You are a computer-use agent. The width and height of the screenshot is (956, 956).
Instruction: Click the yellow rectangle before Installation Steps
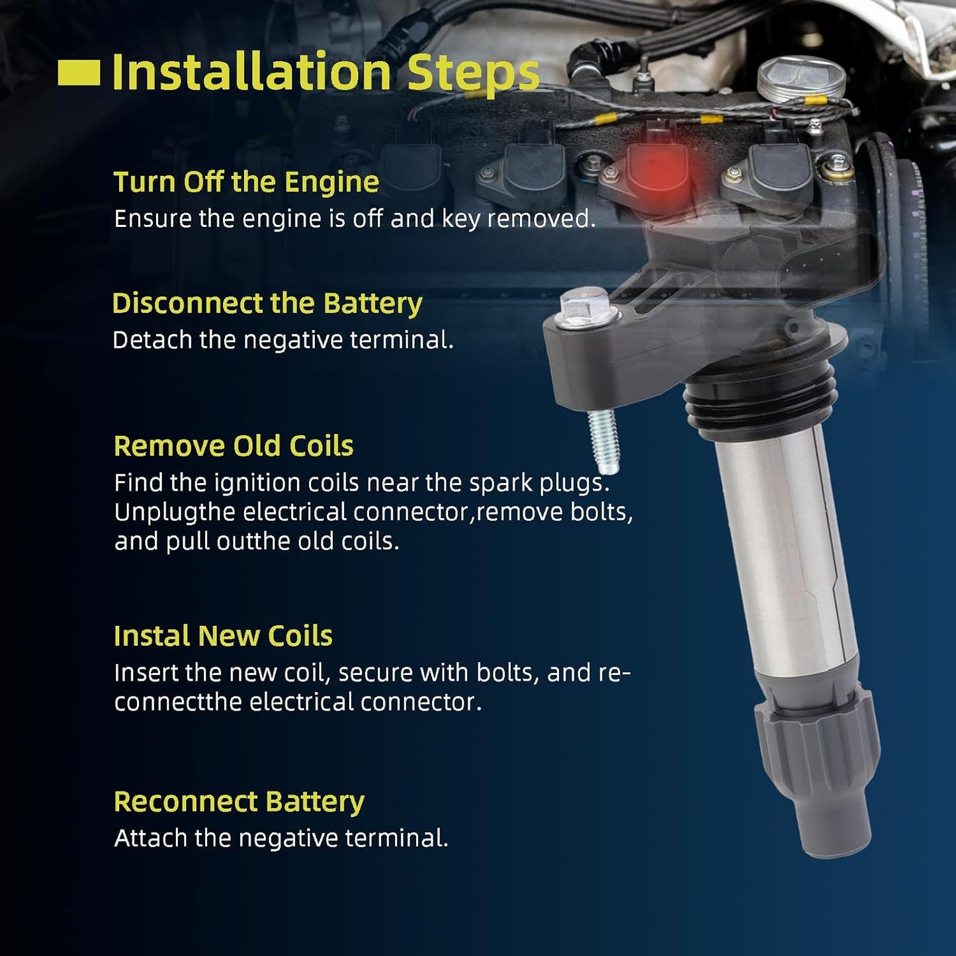tap(79, 72)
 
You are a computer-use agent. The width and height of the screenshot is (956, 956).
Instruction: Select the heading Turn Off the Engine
tap(246, 181)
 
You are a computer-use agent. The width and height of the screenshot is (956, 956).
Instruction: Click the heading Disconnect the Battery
tap(267, 303)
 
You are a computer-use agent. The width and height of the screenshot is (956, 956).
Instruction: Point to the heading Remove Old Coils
tap(234, 445)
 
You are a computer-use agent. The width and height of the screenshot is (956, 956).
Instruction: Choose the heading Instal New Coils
tap(223, 636)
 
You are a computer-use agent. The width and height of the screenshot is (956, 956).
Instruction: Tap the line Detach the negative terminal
tap(283, 340)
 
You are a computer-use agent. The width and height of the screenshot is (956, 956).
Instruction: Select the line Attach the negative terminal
tap(281, 838)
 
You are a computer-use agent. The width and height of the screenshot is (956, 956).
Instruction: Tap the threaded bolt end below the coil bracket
tap(603, 441)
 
